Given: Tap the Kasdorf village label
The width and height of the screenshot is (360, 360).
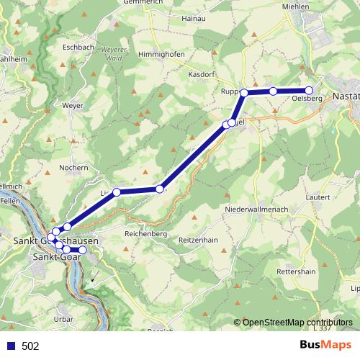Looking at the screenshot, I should [x=201, y=74].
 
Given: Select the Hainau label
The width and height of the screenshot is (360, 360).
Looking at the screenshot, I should [x=194, y=17].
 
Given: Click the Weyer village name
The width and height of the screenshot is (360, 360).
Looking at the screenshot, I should [x=73, y=105].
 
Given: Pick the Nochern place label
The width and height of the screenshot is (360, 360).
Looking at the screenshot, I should [x=74, y=168].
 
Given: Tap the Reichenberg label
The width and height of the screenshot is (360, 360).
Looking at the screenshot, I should [x=145, y=234].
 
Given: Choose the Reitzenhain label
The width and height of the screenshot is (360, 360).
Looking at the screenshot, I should [x=198, y=239].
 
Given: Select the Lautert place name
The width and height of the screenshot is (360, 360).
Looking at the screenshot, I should [x=318, y=197].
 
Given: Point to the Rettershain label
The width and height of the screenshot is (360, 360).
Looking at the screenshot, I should [x=297, y=271].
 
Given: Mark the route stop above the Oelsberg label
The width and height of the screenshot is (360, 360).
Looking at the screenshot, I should [x=309, y=91].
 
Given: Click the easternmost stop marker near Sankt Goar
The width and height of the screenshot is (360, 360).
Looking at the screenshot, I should [x=82, y=250].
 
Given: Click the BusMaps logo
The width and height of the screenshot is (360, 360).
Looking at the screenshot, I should [x=325, y=346].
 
